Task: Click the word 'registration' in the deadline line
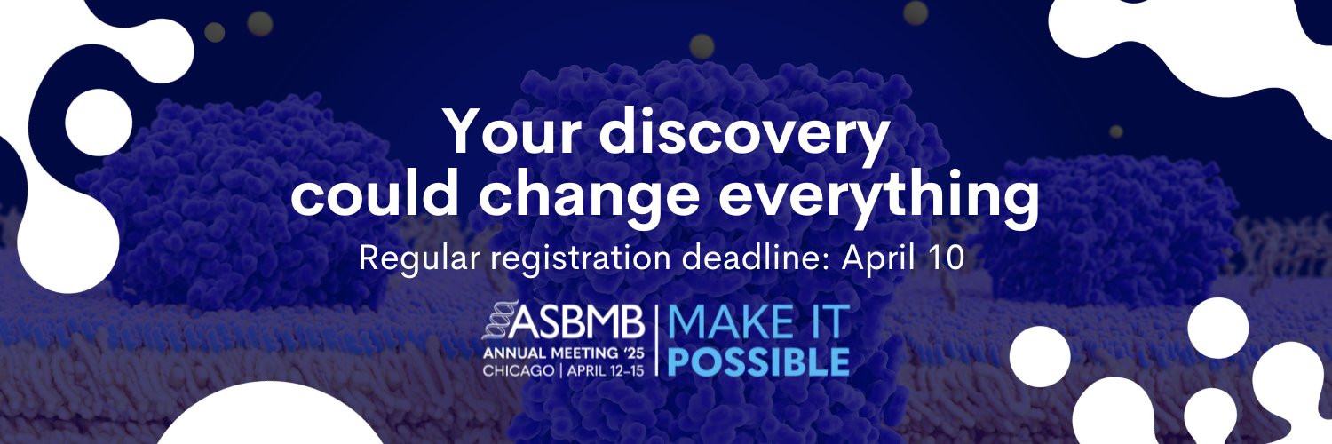pyautogui.click(x=582, y=259)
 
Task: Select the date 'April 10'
pyautogui.click(x=902, y=259)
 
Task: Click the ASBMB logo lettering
pyautogui.click(x=577, y=321)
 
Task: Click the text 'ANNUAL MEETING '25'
pyautogui.click(x=563, y=353)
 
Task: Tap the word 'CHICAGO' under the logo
pyautogui.click(x=519, y=371)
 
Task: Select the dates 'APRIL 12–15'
pyautogui.click(x=606, y=371)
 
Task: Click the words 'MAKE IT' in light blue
pyautogui.click(x=758, y=321)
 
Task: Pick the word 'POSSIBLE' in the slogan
pyautogui.click(x=758, y=361)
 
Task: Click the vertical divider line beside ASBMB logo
pyautogui.click(x=656, y=339)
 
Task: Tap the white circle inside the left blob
pyautogui.click(x=98, y=123)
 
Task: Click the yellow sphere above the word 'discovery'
pyautogui.click(x=702, y=46)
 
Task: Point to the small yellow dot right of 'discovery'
pyautogui.click(x=1116, y=131)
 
